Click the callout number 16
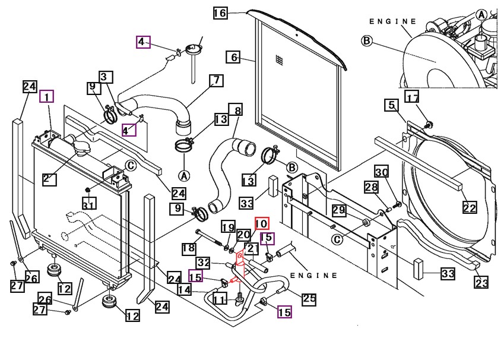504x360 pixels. (220, 13)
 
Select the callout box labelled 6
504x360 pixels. (233, 57)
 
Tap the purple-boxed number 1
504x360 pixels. (47, 96)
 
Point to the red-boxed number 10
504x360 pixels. (262, 223)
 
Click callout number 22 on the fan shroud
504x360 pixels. (470, 207)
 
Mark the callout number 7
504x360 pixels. (216, 80)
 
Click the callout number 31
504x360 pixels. (88, 206)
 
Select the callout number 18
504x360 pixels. (188, 247)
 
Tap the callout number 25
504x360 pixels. (309, 299)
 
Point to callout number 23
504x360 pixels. (481, 283)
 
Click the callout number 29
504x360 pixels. (339, 210)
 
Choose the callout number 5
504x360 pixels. (391, 106)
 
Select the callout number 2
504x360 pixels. (49, 178)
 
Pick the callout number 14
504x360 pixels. (185, 289)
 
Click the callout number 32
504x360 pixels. (204, 262)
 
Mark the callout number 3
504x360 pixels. (106, 77)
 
